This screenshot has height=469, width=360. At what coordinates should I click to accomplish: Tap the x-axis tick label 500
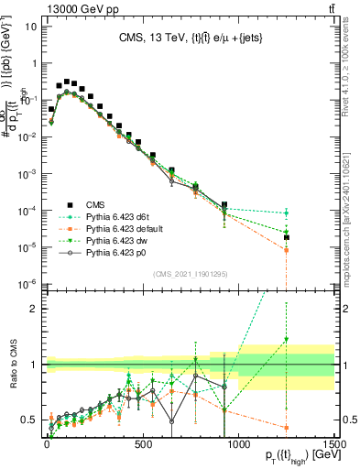[x=143, y=442]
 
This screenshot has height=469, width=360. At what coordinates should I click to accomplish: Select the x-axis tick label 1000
[x=238, y=442]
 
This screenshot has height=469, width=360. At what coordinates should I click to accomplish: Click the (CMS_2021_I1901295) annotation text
[x=190, y=274]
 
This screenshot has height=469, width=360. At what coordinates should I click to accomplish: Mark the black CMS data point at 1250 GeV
[x=287, y=237]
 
